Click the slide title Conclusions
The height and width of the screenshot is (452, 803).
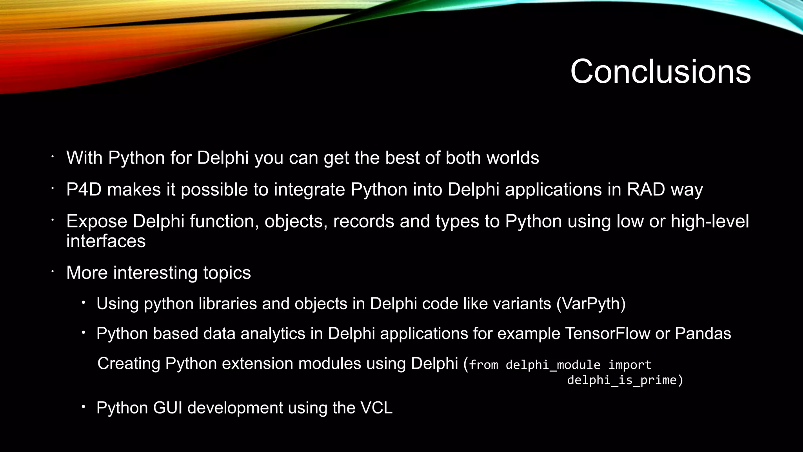click(660, 71)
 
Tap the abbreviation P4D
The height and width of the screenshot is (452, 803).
click(84, 190)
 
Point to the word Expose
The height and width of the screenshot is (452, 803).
click(96, 221)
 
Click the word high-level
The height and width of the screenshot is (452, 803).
click(710, 221)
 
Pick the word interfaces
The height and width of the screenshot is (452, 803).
click(106, 241)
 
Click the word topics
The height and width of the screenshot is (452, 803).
click(227, 273)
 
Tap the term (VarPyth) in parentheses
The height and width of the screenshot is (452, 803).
click(591, 304)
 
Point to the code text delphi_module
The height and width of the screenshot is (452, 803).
click(553, 365)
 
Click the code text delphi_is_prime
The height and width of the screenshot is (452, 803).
click(623, 380)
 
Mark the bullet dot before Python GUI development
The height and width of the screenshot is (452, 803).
click(83, 407)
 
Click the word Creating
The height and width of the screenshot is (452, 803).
click(129, 364)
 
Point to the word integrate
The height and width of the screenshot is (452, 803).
click(309, 190)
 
